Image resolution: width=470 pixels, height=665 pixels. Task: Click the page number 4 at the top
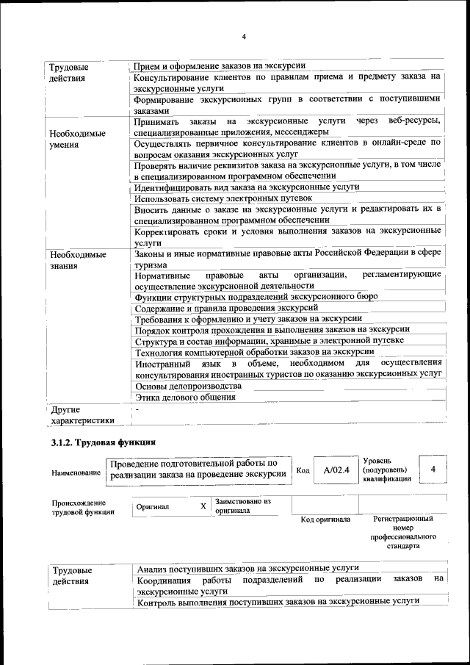pos(244,37)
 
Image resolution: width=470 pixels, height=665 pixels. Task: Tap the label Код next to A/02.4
pos(303,470)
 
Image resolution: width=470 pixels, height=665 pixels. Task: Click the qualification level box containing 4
pos(433,468)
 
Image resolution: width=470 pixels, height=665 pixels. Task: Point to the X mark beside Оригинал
pos(203,506)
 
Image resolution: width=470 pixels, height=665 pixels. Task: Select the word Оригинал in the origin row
pos(152,507)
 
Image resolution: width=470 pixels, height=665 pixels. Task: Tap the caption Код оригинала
pos(325,520)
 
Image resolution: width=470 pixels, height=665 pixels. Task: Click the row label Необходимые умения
pos(77,140)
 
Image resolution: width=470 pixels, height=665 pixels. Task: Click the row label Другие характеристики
pos(82,414)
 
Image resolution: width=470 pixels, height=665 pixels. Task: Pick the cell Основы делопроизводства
pos(188,386)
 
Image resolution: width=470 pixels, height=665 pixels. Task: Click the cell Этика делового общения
pos(185,398)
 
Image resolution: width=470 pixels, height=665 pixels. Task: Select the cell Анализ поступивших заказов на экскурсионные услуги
pos(247,568)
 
